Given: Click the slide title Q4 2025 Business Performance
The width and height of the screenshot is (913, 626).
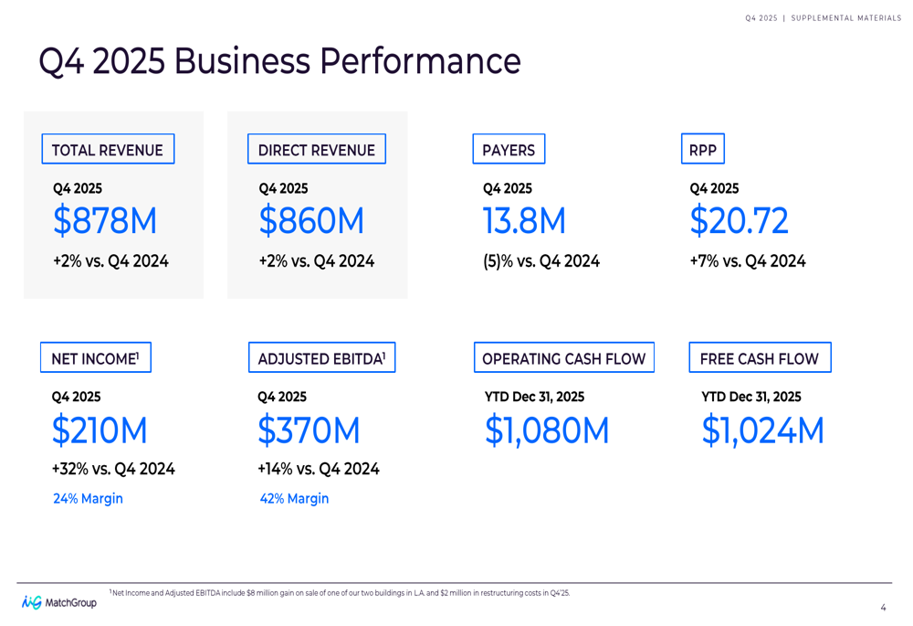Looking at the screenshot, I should click(x=279, y=61).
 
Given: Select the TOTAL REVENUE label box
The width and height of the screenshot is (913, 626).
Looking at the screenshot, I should click(x=108, y=149).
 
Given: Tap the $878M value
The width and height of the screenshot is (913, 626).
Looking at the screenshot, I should click(x=105, y=221).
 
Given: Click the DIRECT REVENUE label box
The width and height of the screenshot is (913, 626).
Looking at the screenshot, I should click(x=316, y=149).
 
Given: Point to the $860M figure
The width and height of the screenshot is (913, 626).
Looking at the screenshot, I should click(x=311, y=221).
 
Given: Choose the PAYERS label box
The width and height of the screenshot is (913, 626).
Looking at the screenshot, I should click(x=509, y=149).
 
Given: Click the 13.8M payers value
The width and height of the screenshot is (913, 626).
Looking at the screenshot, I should click(x=524, y=221).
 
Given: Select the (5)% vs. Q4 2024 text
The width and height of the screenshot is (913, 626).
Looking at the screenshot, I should click(x=540, y=261).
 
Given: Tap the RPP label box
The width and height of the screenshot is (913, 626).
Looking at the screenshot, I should click(x=703, y=149).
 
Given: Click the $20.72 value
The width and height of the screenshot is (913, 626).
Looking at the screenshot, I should click(x=739, y=221).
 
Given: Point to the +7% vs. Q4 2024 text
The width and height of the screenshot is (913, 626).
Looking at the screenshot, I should click(x=747, y=261).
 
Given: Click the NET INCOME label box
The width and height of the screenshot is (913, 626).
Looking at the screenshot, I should click(x=96, y=357).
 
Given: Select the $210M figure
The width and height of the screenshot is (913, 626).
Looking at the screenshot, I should click(x=100, y=430).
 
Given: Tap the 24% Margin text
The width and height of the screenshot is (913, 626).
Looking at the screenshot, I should click(x=88, y=499).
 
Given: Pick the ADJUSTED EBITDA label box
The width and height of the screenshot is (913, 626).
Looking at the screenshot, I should click(x=321, y=357).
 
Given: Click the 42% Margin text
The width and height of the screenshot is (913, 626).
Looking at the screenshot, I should click(x=294, y=499).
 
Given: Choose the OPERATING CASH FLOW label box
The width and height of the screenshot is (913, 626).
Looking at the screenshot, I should click(x=563, y=357).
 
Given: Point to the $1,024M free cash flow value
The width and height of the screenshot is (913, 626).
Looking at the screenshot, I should click(x=762, y=430).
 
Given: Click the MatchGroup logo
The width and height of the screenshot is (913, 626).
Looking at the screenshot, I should click(x=59, y=602).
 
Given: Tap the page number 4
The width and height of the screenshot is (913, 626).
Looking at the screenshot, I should click(x=883, y=608).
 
